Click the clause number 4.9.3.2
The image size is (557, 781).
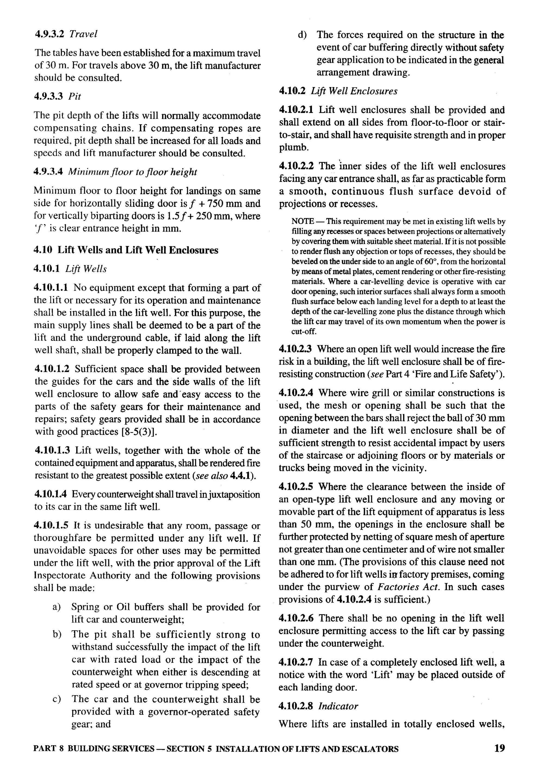pos(49,34)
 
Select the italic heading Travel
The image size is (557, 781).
pos(83,34)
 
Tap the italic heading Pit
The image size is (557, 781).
pos(75,97)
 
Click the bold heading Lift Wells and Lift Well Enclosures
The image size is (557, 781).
pos(138,250)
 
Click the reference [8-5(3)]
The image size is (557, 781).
pos(139,432)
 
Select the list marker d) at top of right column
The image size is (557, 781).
pos(302,35)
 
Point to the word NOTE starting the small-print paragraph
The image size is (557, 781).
pos(302,222)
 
